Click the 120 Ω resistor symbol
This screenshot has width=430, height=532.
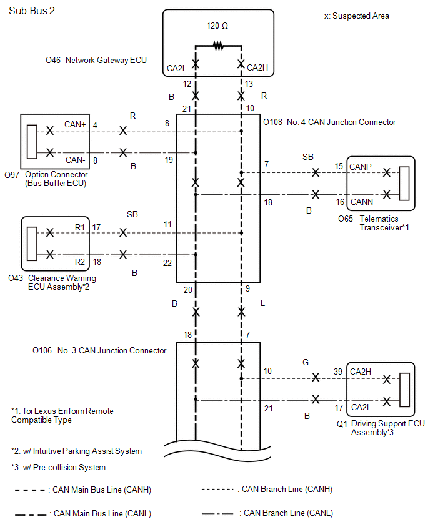[218, 46]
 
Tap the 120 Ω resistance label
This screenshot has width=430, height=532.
[217, 26]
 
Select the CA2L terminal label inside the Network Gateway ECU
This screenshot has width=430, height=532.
[177, 68]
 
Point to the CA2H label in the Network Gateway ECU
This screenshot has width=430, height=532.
[257, 68]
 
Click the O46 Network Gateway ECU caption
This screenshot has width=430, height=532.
[96, 61]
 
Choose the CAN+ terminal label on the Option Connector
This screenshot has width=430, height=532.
[75, 124]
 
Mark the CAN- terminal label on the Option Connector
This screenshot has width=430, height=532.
[75, 160]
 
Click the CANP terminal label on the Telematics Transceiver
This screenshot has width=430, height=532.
[361, 167]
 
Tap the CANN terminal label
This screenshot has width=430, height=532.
[362, 202]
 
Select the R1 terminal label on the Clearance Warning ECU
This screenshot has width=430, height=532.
[80, 227]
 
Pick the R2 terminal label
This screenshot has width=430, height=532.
[80, 262]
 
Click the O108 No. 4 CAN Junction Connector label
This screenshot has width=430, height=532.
[329, 122]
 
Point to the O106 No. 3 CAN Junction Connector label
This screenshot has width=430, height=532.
[99, 350]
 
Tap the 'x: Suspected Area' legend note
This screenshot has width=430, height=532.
[357, 16]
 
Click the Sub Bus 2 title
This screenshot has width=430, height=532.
[33, 11]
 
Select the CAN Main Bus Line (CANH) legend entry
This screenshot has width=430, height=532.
[83, 490]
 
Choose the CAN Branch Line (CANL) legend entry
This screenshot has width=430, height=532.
[267, 513]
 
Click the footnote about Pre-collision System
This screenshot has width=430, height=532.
[58, 467]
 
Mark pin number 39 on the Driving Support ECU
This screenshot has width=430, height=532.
[338, 372]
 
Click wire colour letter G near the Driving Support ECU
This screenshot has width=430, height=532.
[306, 362]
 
